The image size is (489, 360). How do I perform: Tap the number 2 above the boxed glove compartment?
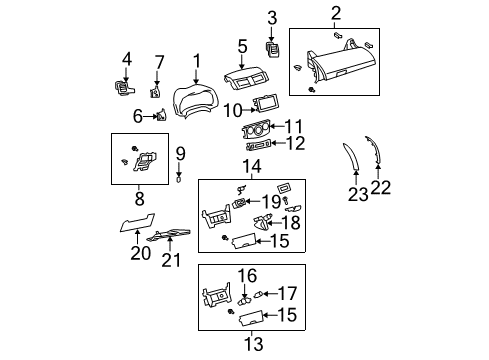272,17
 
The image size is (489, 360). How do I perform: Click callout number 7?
158,64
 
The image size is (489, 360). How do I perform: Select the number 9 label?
180,153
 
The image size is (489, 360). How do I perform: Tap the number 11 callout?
293,126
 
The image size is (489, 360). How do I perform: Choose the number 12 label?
293,144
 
